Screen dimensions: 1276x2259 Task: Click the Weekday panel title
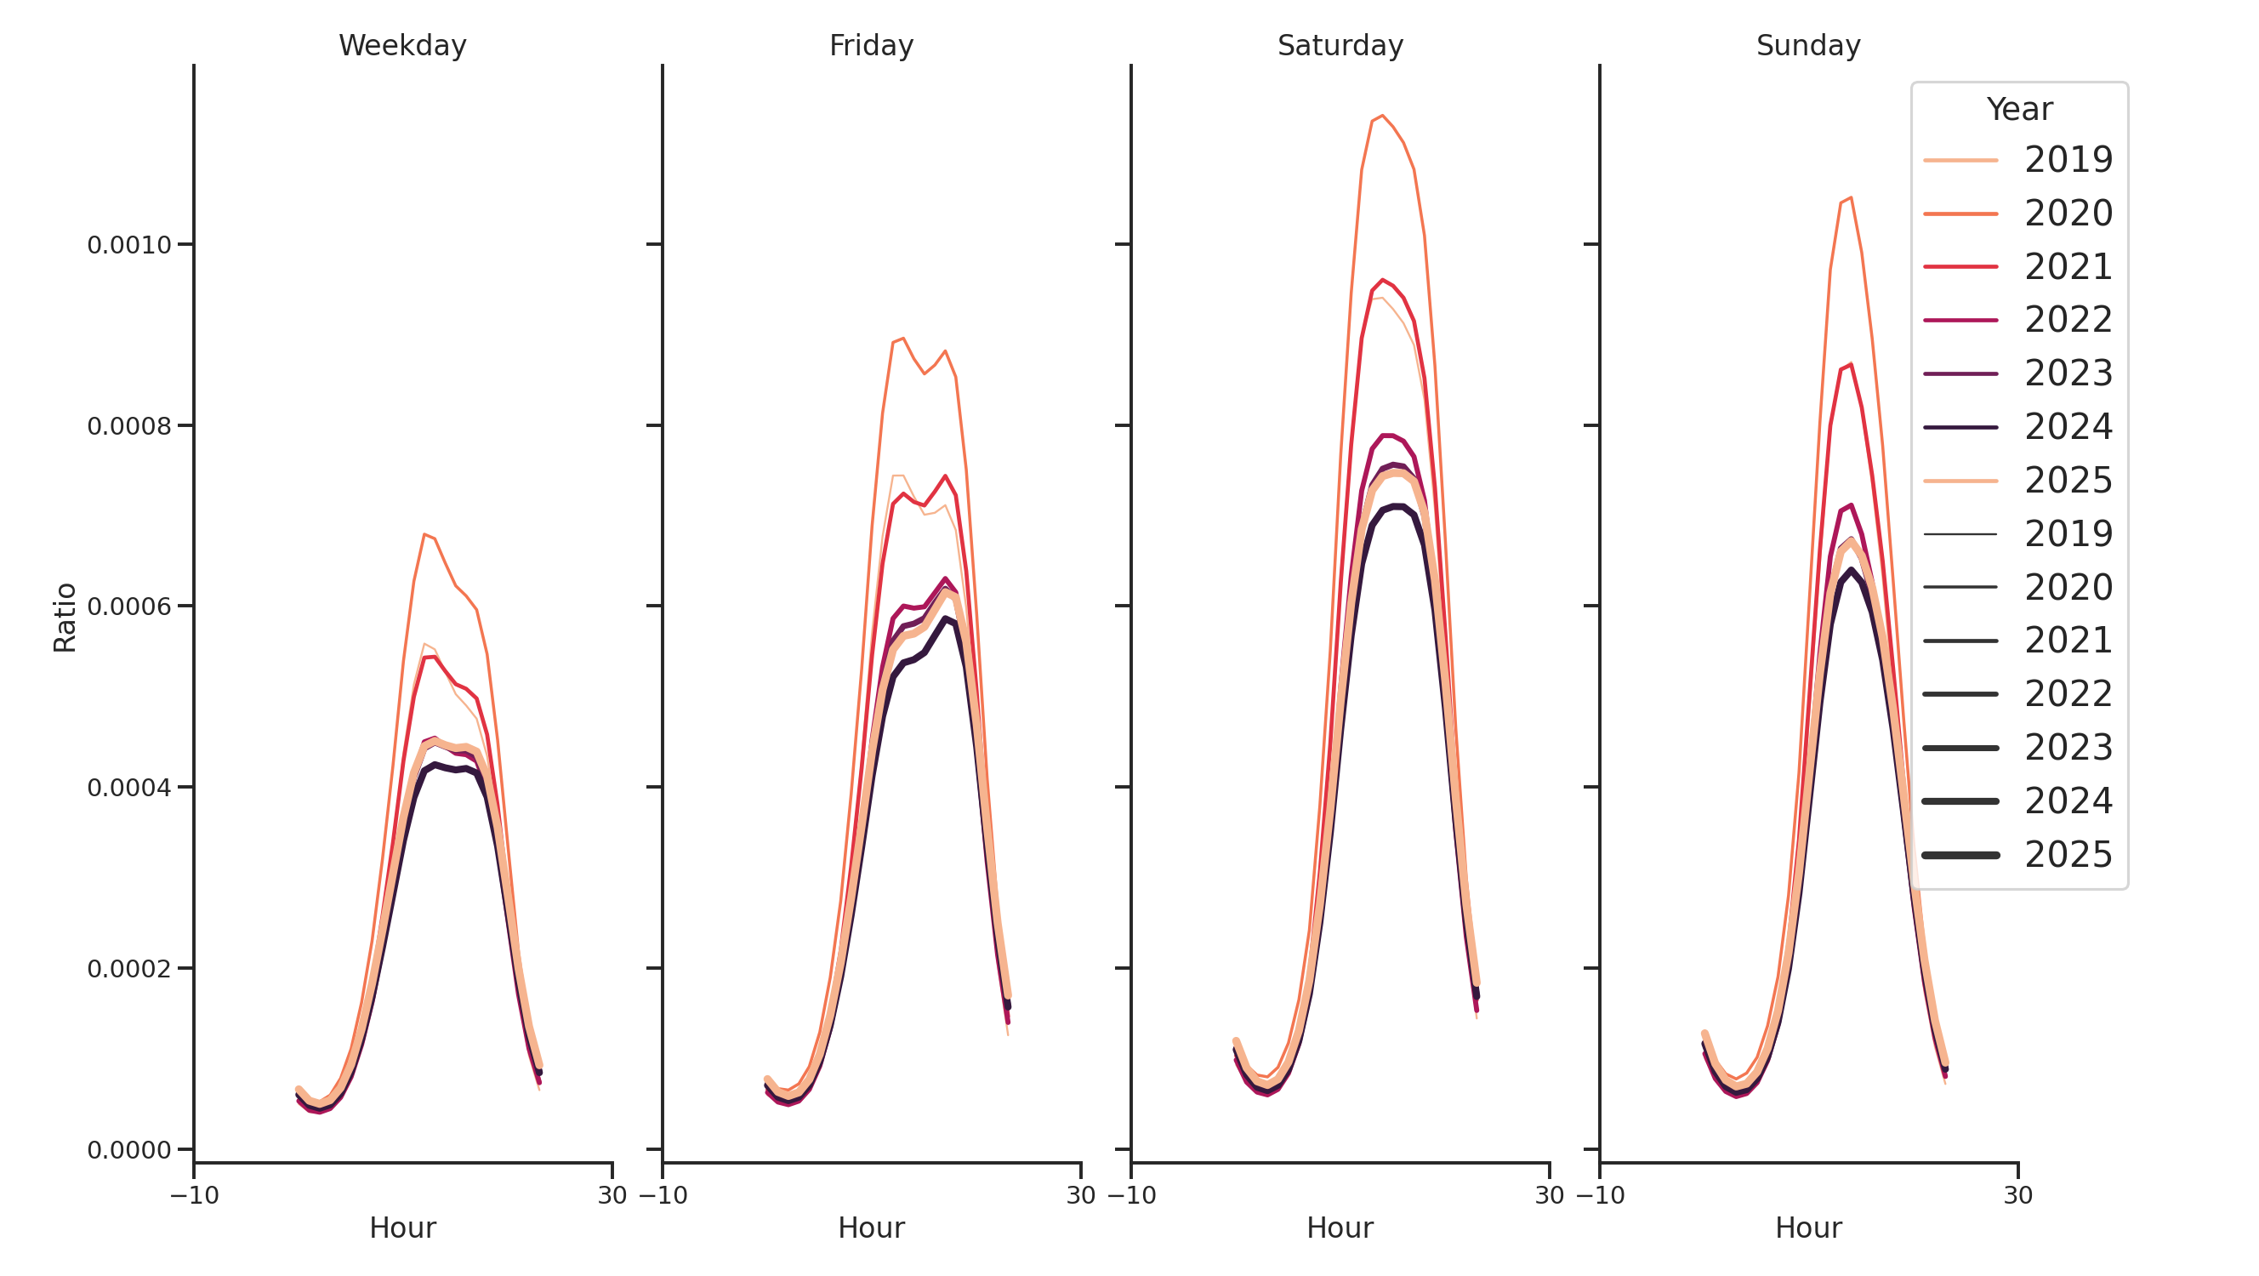402,46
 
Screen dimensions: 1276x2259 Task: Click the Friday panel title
871,46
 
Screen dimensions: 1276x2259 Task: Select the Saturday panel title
1339,46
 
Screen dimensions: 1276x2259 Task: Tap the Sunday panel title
1807,46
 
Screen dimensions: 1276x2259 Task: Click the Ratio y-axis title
65,618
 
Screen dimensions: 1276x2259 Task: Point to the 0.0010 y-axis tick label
129,246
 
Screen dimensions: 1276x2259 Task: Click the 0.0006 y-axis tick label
129,607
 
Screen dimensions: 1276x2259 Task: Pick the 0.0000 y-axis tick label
129,1150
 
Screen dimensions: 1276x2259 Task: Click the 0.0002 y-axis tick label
129,969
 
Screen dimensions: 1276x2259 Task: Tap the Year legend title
2018,110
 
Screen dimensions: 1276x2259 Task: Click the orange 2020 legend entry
2017,214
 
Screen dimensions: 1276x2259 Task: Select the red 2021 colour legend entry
2017,266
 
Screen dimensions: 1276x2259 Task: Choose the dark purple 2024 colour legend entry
2017,427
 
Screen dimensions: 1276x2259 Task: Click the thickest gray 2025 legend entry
2017,855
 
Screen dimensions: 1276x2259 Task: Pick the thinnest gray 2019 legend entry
2017,534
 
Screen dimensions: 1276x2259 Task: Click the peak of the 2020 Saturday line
1382,116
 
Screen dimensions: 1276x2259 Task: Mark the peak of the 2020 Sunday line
1851,198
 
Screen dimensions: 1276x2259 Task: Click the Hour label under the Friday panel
871,1228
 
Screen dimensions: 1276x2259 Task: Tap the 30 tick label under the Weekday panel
612,1195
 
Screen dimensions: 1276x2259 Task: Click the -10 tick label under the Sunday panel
1600,1195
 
